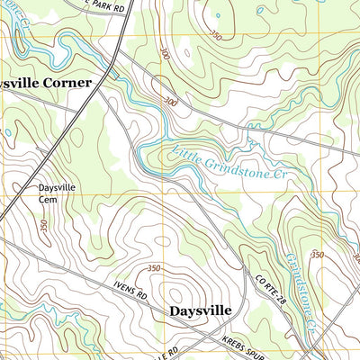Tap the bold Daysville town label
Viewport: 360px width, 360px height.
[200, 310]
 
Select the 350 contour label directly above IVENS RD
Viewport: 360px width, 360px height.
[154, 268]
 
